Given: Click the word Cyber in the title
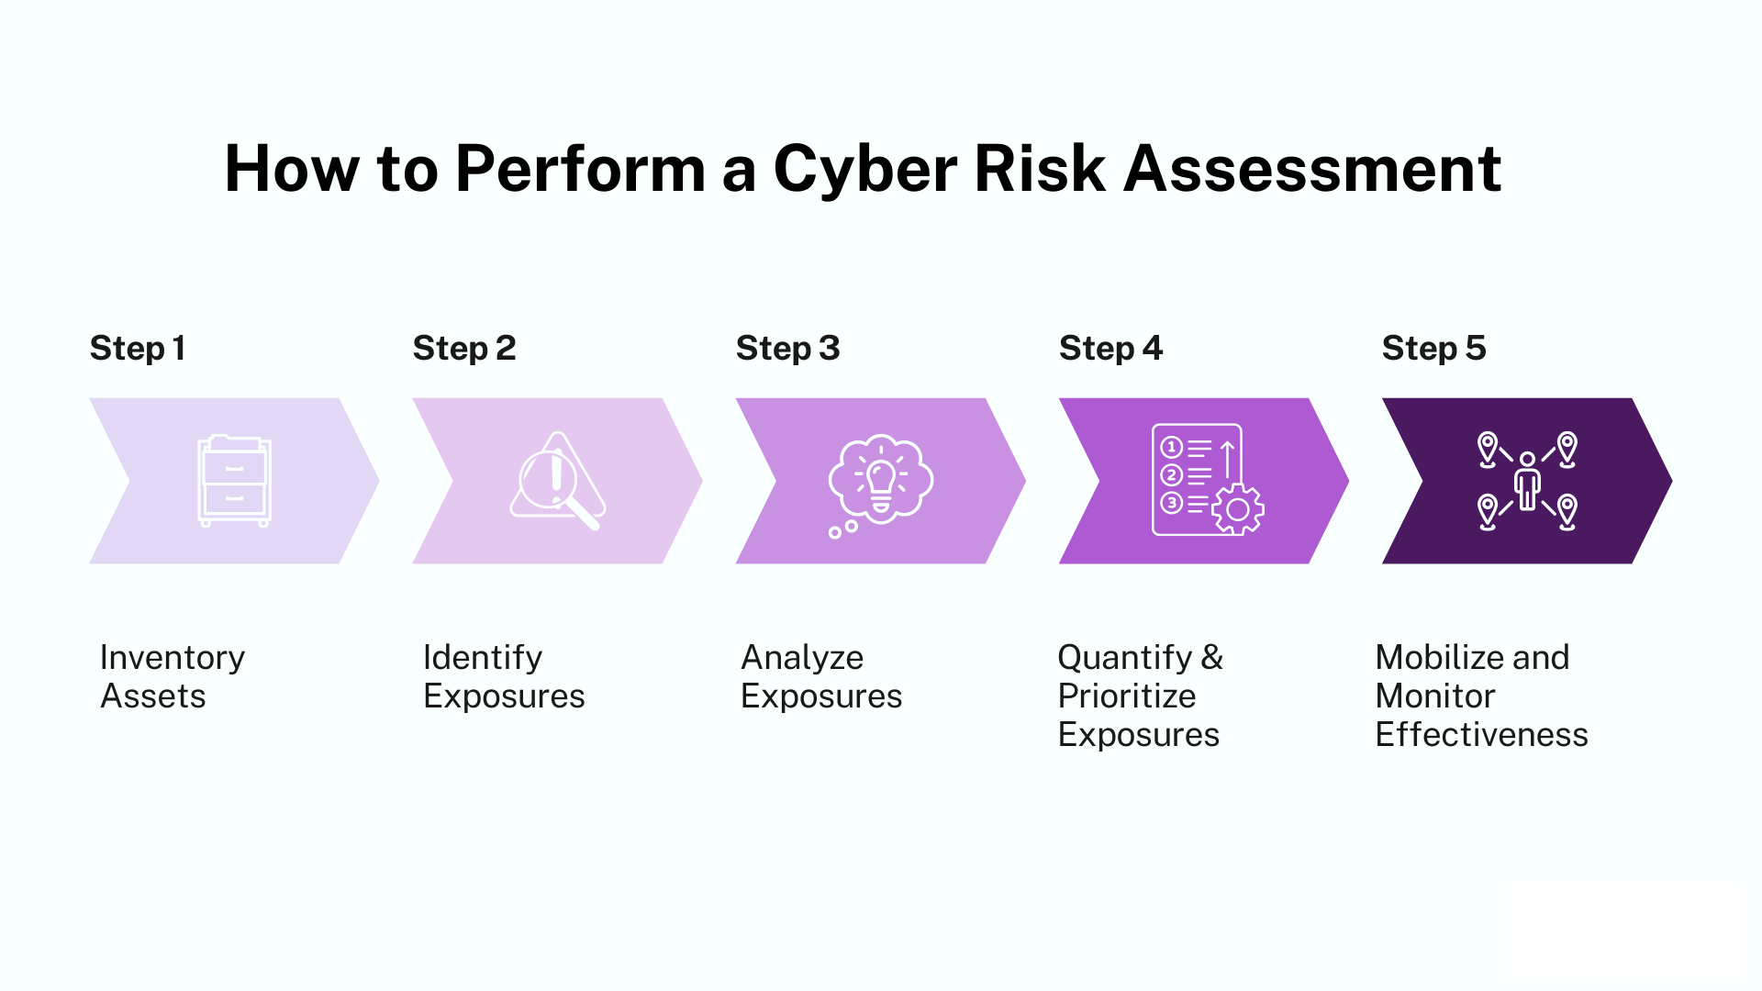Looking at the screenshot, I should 864,170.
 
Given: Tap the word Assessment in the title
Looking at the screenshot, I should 1312,170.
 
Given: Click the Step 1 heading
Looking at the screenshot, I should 138,349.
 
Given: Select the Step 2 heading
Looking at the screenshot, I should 464,349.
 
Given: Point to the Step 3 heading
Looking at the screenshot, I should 787,349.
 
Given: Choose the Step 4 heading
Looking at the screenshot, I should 1110,349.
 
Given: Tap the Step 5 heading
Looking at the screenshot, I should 1433,349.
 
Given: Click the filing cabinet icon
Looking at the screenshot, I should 234,481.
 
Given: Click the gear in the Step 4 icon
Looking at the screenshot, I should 1238,509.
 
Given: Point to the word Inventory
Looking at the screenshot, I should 173,658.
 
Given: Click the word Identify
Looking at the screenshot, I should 483,658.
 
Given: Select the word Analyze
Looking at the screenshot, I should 802,658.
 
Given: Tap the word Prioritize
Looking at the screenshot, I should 1127,696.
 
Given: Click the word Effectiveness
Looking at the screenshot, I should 1481,735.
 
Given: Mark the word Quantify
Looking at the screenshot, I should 1124,658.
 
